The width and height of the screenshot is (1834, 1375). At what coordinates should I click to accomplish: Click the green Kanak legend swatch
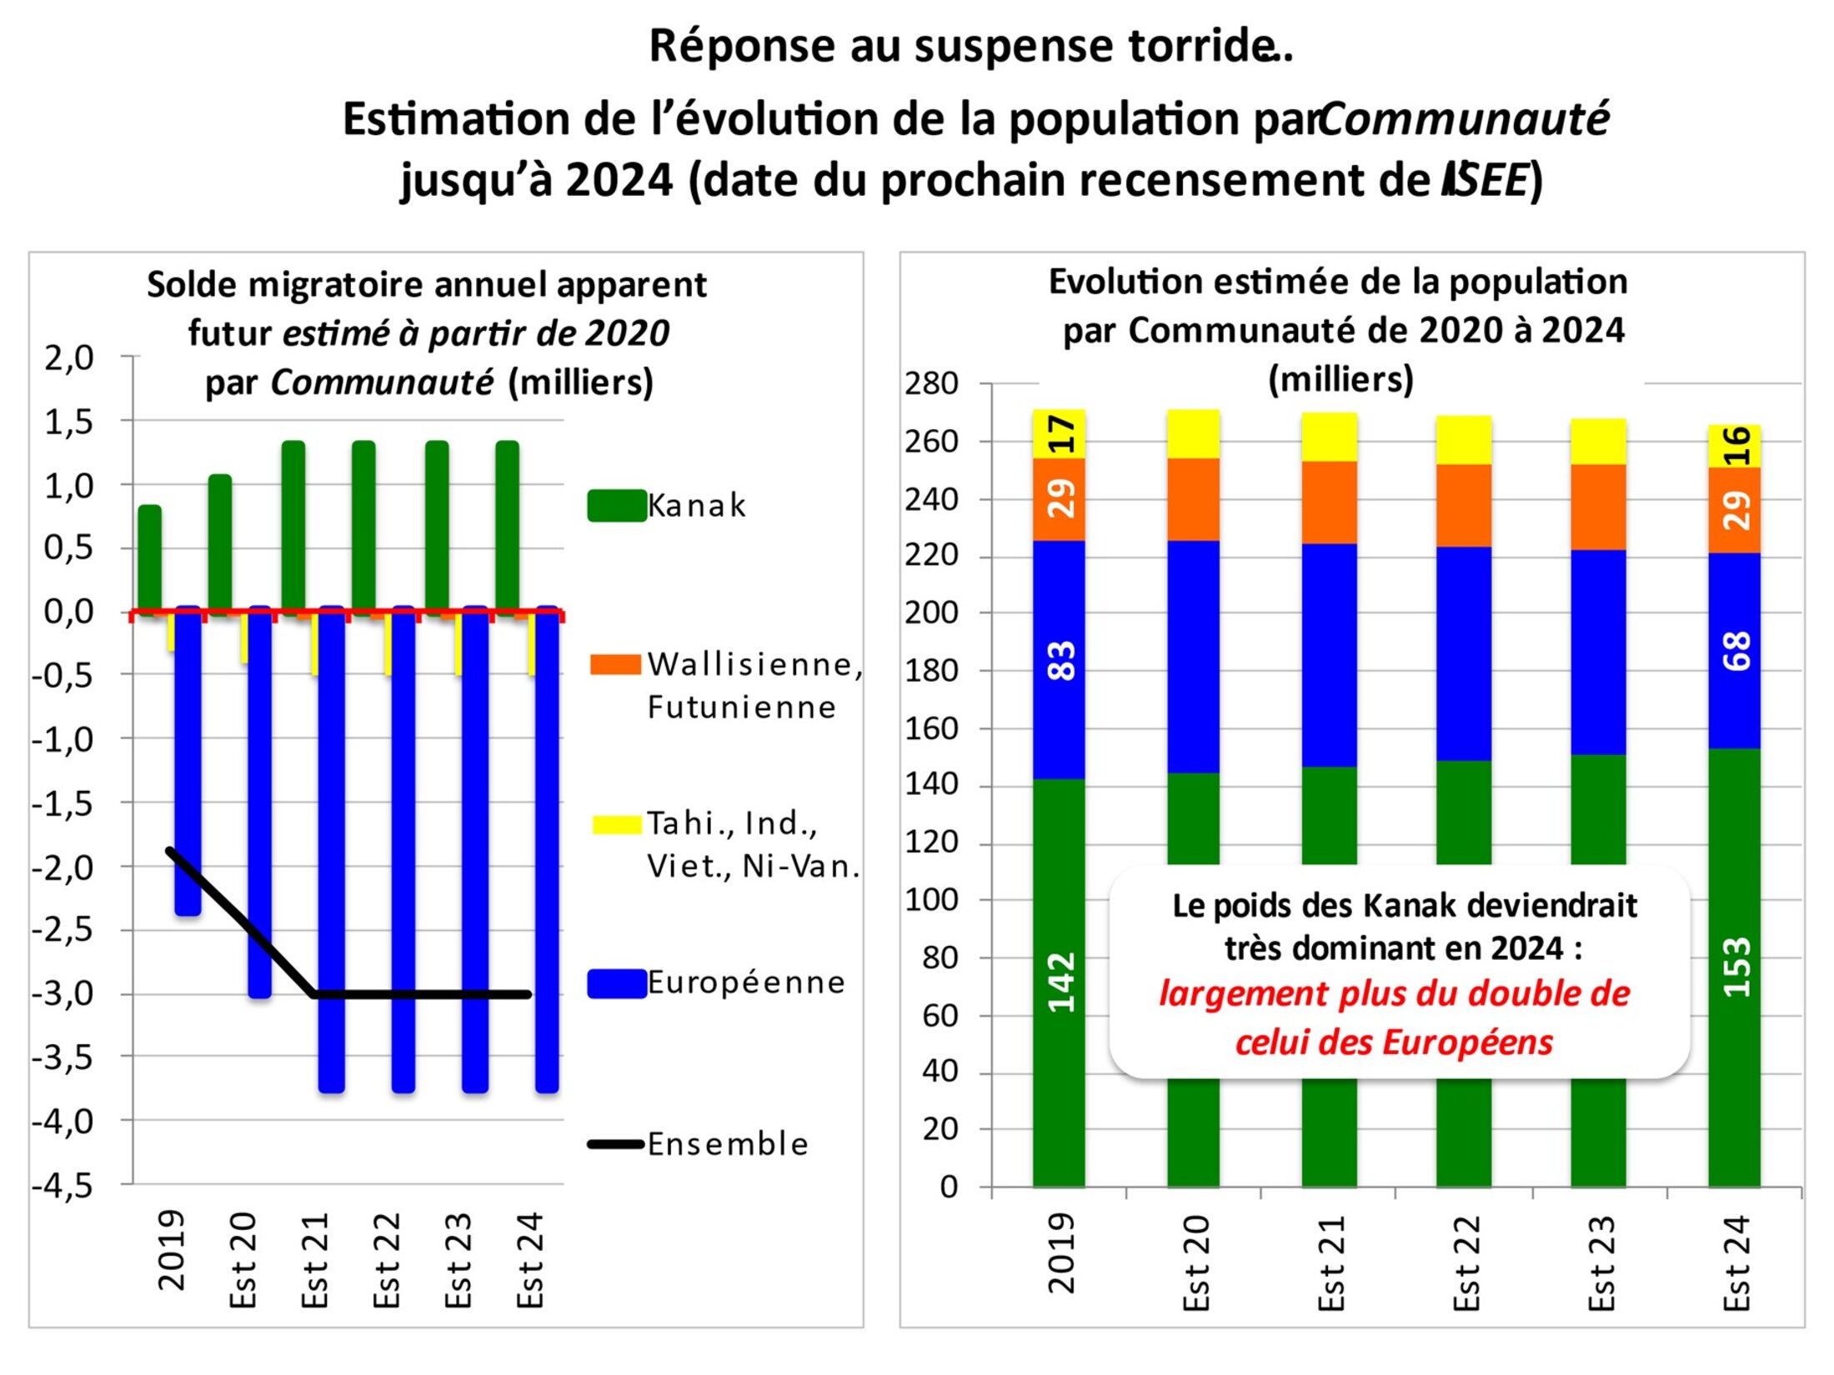click(617, 506)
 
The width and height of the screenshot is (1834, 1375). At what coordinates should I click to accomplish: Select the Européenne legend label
click(746, 983)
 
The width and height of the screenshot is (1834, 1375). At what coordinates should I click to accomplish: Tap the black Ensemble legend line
click(616, 1144)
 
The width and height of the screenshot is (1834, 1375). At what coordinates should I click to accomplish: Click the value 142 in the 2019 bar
click(1060, 983)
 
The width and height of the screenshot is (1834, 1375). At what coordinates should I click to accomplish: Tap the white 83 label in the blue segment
click(1060, 661)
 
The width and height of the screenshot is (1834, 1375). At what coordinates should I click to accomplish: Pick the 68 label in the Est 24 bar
click(1736, 652)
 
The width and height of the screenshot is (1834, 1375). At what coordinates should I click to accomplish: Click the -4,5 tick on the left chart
click(63, 1185)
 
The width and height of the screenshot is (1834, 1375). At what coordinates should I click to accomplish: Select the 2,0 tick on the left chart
click(68, 358)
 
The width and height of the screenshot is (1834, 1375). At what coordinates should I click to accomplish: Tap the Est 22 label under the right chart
click(1466, 1262)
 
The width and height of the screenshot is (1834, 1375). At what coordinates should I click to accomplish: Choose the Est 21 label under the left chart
click(315, 1260)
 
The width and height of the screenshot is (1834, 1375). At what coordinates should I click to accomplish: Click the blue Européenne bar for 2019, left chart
click(188, 762)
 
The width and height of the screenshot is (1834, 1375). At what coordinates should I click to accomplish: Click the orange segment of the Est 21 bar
click(1330, 502)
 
